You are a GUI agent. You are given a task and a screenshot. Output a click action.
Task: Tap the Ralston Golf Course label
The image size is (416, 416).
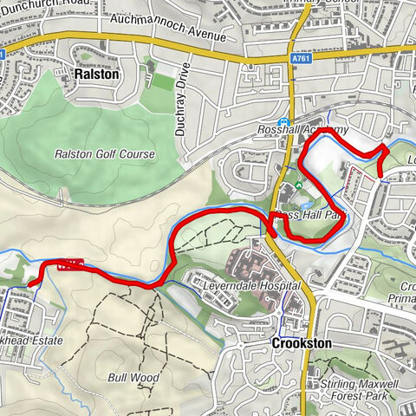click(104, 154)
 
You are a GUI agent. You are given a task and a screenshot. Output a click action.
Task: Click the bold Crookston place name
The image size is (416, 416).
click(301, 343)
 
